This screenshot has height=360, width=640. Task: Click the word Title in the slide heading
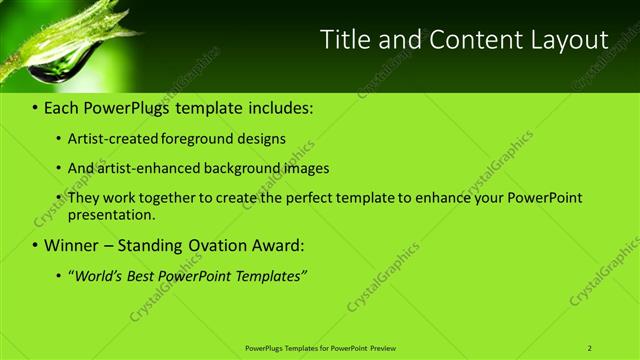pyautogui.click(x=342, y=40)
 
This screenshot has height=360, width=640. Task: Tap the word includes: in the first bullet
pyautogui.click(x=271, y=108)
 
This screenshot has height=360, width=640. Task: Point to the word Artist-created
pyautogui.click(x=108, y=139)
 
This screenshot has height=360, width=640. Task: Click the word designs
pyautogui.click(x=261, y=139)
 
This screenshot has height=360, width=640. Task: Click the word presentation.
pyautogui.click(x=112, y=214)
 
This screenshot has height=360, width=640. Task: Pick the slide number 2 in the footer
pyautogui.click(x=589, y=348)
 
